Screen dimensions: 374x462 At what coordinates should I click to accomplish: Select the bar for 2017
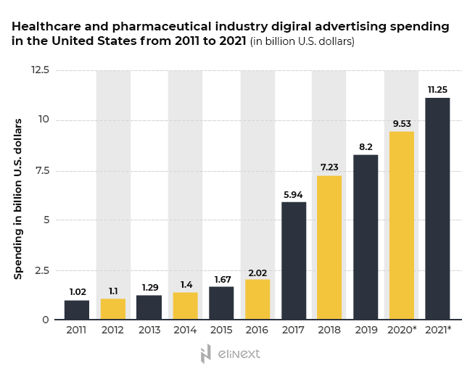pyautogui.click(x=294, y=261)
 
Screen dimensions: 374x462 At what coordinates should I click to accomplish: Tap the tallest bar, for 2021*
pyautogui.click(x=437, y=209)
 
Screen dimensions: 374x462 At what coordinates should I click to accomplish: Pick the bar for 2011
pyautogui.click(x=77, y=309)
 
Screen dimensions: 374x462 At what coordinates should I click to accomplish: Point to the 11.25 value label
pyautogui.click(x=437, y=90)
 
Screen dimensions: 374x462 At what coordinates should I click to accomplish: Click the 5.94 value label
pyautogui.click(x=294, y=194)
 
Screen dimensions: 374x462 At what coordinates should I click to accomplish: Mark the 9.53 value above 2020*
pyautogui.click(x=402, y=123)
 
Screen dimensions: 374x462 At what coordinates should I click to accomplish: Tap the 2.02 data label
pyautogui.click(x=257, y=271)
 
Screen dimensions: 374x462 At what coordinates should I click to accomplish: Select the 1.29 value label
pyautogui.click(x=149, y=287)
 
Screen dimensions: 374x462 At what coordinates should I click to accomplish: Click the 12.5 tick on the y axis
pyautogui.click(x=39, y=70)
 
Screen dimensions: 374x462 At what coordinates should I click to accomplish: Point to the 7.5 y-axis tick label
pyautogui.click(x=41, y=170)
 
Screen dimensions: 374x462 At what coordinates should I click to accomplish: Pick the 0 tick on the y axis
pyautogui.click(x=45, y=320)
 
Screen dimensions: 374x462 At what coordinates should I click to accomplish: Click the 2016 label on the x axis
pyautogui.click(x=257, y=331)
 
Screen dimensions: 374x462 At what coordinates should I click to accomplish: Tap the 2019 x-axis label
pyautogui.click(x=366, y=331)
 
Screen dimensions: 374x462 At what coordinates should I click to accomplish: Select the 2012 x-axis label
pyautogui.click(x=113, y=331)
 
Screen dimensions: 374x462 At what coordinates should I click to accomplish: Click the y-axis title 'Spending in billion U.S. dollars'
pyautogui.click(x=19, y=198)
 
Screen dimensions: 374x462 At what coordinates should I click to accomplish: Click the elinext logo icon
pyautogui.click(x=206, y=354)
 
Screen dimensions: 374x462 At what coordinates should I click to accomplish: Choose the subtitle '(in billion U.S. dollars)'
pyautogui.click(x=302, y=41)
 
